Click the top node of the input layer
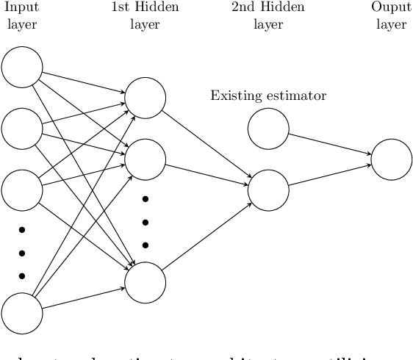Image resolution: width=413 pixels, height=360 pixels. click(22, 67)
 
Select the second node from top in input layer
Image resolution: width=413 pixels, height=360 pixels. click(22, 129)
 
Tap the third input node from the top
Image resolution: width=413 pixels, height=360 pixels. click(22, 190)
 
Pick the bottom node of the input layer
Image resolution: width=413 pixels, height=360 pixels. click(22, 312)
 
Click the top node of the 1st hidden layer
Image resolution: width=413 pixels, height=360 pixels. click(146, 98)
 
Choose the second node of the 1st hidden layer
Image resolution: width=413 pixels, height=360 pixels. click(146, 159)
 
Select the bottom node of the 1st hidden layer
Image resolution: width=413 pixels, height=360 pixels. click(146, 281)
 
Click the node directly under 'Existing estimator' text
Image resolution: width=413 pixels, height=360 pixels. click(268, 129)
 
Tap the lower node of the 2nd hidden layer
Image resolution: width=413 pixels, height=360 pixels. click(268, 190)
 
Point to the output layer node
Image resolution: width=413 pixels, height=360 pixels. click(392, 159)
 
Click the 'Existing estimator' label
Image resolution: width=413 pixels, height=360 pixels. click(268, 96)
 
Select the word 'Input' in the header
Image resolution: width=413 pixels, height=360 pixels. click(21, 8)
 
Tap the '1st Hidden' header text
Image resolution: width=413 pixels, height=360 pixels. click(145, 8)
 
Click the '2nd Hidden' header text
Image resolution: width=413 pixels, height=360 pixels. click(268, 8)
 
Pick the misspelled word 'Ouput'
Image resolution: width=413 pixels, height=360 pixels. click(391, 8)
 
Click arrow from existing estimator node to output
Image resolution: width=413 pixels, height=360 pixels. click(330, 144)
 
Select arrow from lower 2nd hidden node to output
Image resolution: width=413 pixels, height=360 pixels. click(330, 175)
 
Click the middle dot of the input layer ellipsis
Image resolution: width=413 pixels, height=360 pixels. click(22, 253)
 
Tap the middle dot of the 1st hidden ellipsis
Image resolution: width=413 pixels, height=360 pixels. click(146, 222)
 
